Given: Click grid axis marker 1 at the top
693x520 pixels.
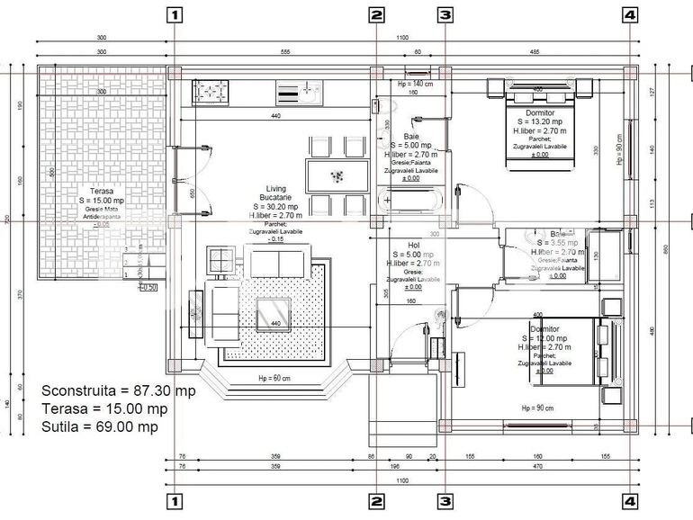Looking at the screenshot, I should (175, 14).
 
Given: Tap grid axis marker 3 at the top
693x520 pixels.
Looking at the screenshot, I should (445, 14).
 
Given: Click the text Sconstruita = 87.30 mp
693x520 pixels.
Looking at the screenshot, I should (118, 391).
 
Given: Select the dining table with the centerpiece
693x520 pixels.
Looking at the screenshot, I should (337, 174).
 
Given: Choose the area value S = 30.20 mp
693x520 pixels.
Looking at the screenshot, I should (275, 207).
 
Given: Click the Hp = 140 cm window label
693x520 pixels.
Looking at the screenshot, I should (415, 84).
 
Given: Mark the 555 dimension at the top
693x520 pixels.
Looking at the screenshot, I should (285, 52).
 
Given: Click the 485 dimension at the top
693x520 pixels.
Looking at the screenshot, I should (534, 52).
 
